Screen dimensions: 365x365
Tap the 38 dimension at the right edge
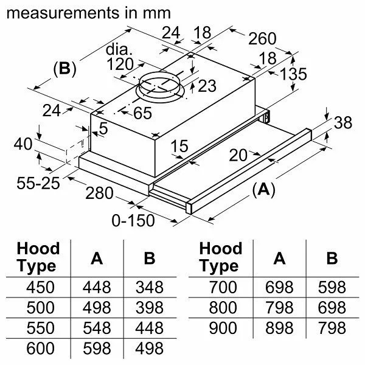pos(343,123)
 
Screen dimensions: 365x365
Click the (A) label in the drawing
pos(263,190)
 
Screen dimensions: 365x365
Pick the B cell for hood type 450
pos(149,287)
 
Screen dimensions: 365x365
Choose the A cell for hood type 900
pos(279,328)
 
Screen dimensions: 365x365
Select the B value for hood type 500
pos(149,308)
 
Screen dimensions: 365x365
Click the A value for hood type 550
pos(96,328)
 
